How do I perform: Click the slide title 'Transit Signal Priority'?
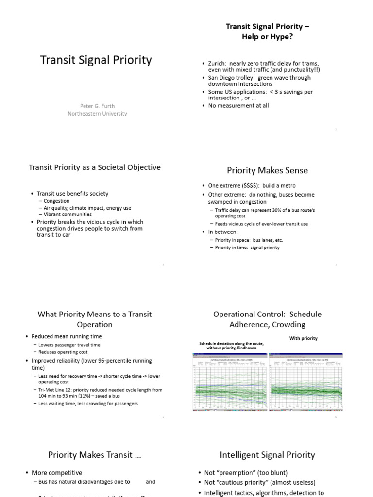click(x=95, y=60)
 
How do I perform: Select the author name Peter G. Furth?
click(x=97, y=105)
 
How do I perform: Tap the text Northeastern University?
click(x=97, y=114)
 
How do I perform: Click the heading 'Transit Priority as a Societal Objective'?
click(x=95, y=167)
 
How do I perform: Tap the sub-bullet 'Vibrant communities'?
click(x=68, y=214)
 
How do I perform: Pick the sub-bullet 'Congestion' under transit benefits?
click(x=56, y=201)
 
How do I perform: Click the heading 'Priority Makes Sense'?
click(x=267, y=170)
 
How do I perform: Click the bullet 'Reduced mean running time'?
click(x=67, y=336)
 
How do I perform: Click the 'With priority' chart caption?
click(x=303, y=338)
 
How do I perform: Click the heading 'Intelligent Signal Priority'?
click(x=267, y=455)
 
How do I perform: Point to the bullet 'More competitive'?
click(x=57, y=473)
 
